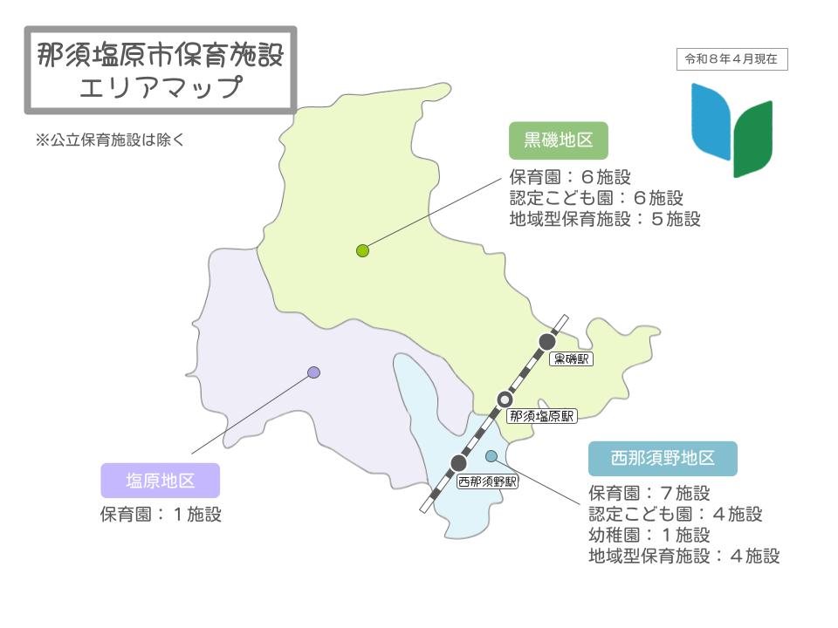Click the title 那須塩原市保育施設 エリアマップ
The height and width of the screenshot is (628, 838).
pyautogui.click(x=161, y=70)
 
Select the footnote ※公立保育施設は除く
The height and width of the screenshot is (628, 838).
pyautogui.click(x=110, y=139)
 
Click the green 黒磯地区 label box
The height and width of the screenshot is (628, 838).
pyautogui.click(x=558, y=140)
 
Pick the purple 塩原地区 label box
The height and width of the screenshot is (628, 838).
pyautogui.click(x=160, y=481)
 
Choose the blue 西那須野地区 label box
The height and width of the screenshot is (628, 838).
pyautogui.click(x=663, y=459)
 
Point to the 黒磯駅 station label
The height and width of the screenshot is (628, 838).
pyautogui.click(x=572, y=358)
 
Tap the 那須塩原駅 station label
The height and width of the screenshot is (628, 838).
pyautogui.click(x=542, y=416)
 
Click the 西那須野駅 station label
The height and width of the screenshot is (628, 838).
pyautogui.click(x=487, y=481)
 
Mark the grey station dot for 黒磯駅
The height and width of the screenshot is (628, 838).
pyautogui.click(x=547, y=341)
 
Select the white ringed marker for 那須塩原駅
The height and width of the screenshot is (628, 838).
pyautogui.click(x=505, y=399)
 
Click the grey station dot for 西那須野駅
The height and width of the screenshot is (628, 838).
pyautogui.click(x=459, y=463)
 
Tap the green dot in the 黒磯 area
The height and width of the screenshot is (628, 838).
pyautogui.click(x=363, y=251)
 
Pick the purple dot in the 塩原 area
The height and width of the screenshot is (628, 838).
pyautogui.click(x=314, y=372)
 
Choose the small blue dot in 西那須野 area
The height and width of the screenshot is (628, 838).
pyautogui.click(x=491, y=455)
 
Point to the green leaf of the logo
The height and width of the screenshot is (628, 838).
pyautogui.click(x=752, y=138)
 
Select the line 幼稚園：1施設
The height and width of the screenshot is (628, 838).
pyautogui.click(x=649, y=535)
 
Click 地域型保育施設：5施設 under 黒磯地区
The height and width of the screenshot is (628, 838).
pyautogui.click(x=605, y=219)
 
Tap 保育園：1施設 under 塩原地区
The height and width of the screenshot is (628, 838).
pyautogui.click(x=161, y=515)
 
